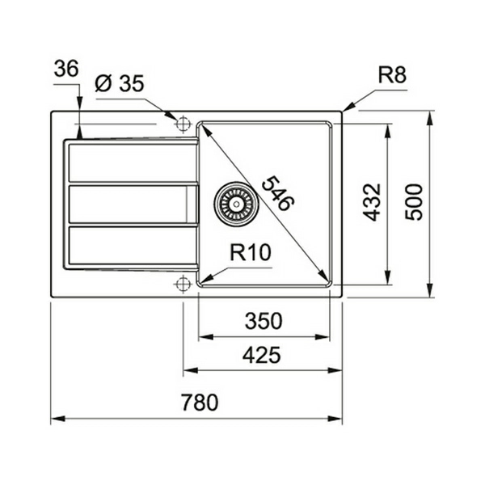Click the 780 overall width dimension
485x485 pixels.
[200, 402]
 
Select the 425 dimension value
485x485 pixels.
[262, 355]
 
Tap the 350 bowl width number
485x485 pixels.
[264, 321]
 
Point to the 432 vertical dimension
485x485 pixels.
[372, 203]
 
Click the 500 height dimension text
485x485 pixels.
[414, 202]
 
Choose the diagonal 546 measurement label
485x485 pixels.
[278, 192]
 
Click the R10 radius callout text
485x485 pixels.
[251, 252]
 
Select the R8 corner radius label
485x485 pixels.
[392, 75]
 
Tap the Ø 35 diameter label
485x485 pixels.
[120, 83]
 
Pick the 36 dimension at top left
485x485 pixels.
[66, 69]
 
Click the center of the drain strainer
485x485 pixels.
[236, 204]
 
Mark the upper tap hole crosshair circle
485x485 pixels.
[183, 124]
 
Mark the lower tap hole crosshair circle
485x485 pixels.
[183, 283]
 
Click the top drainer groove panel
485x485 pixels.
[133, 162]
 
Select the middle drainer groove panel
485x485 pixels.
[133, 205]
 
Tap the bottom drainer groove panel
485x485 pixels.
[133, 246]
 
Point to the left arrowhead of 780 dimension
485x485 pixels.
[58, 419]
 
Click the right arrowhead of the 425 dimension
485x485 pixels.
[335, 370]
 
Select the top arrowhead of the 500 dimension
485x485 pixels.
[429, 118]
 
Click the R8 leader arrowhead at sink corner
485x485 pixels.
[348, 107]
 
